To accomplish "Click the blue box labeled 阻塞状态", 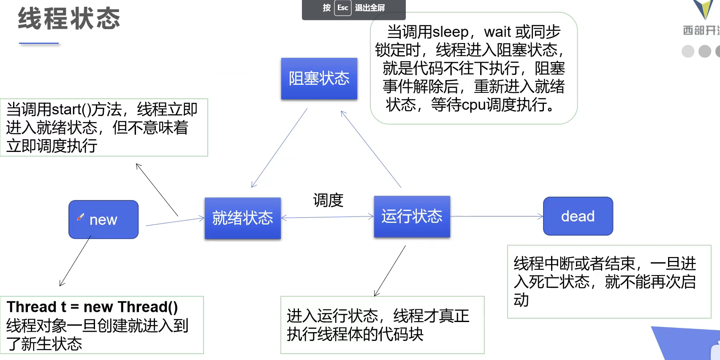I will (x=319, y=78).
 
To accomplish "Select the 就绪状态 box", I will (x=243, y=218).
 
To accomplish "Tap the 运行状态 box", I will (x=412, y=216).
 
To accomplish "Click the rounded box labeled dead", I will (x=578, y=216).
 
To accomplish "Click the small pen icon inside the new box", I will (x=81, y=217).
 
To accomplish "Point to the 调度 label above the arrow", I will (x=328, y=200).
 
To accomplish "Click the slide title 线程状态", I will (x=69, y=19).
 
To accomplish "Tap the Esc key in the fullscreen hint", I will (x=342, y=8).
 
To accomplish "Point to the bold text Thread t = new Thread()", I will (x=92, y=307).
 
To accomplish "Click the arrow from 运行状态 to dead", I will (x=497, y=216).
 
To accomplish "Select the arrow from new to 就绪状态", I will (x=175, y=222).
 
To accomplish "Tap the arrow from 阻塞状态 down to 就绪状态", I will (x=279, y=148).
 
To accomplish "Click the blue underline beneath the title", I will (x=39, y=43).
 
